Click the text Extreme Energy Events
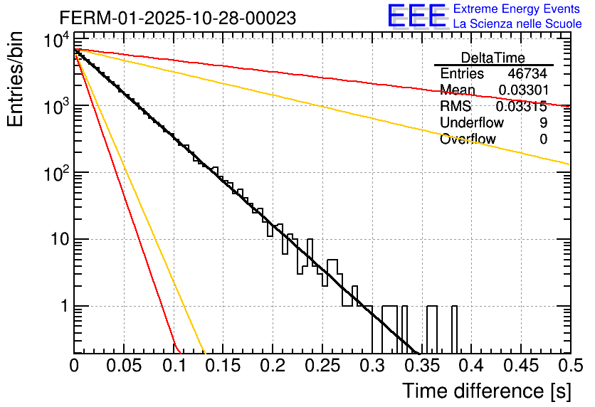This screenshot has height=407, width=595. pyautogui.click(x=517, y=9)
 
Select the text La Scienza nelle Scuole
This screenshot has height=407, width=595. pyautogui.click(x=517, y=24)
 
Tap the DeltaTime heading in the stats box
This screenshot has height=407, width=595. pyautogui.click(x=493, y=58)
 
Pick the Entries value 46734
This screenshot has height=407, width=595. pyautogui.click(x=527, y=74)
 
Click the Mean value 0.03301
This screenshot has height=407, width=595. pyautogui.click(x=522, y=90)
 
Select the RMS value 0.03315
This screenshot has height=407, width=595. pyautogui.click(x=521, y=107)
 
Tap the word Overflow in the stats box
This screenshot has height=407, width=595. pyautogui.click(x=468, y=139)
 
